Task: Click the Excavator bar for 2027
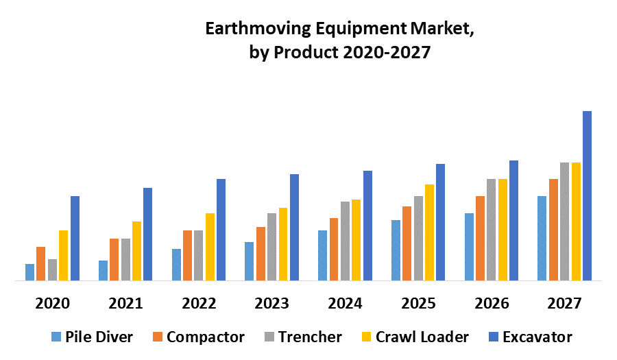click(587, 195)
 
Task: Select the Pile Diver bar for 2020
click(29, 272)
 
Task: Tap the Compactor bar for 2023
click(261, 254)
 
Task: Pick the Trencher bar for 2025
click(418, 238)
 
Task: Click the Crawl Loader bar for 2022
click(210, 247)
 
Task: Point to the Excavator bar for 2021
click(147, 234)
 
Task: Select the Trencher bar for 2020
click(52, 269)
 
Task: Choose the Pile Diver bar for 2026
click(469, 247)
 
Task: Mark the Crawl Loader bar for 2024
click(356, 240)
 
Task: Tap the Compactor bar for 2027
click(553, 230)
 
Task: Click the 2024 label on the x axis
click(345, 303)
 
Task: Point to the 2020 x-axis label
click(52, 303)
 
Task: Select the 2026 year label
click(492, 303)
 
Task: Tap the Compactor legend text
click(205, 337)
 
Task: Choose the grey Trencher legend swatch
click(269, 337)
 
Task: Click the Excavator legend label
click(537, 337)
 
